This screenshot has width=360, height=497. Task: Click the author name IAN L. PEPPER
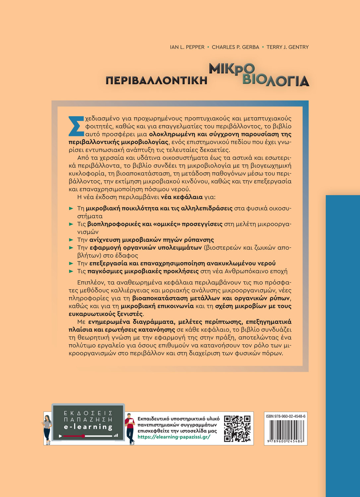[x=187, y=47]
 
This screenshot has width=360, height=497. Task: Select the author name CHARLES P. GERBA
[x=235, y=47]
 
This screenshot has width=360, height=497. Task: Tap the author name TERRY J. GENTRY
[x=287, y=47]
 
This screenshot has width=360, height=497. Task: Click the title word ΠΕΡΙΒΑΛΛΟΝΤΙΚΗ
[x=156, y=81]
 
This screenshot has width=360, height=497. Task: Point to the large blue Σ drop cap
[x=76, y=126]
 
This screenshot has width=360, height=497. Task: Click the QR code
[x=237, y=428]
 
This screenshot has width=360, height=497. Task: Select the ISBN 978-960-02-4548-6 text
[x=285, y=416]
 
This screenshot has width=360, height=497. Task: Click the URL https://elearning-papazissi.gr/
[x=174, y=437]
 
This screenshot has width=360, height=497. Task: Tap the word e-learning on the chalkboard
[x=88, y=427]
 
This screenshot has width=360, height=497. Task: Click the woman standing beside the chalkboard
[x=47, y=429]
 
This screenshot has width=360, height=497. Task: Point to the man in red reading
[x=130, y=428]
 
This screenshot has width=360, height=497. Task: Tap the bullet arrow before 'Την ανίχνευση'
[x=71, y=240]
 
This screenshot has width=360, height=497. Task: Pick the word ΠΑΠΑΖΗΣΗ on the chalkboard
[x=88, y=419]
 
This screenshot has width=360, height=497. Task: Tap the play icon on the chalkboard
[x=60, y=436]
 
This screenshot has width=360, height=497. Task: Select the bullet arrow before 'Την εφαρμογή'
[x=71, y=248]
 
